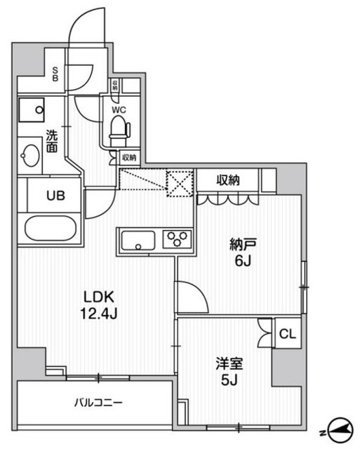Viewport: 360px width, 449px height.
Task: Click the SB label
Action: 55,73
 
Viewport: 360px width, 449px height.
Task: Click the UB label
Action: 55,195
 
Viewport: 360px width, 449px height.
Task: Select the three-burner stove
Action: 177,240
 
